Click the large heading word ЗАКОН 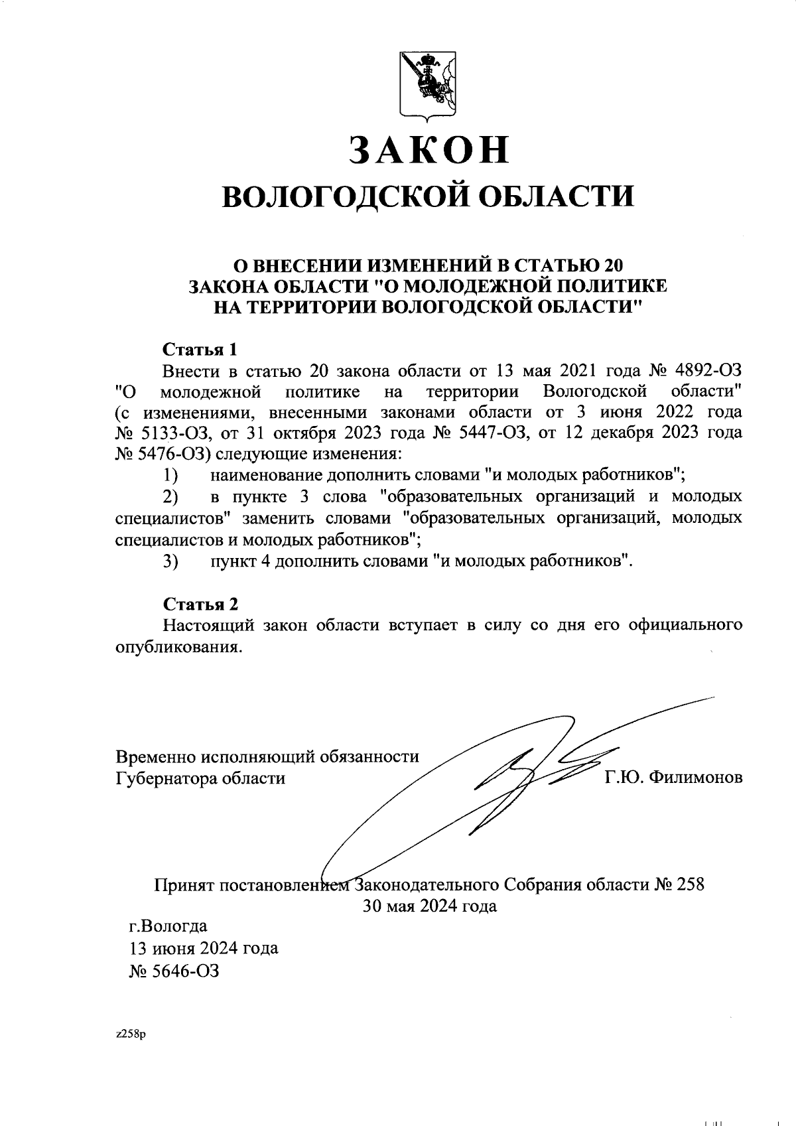[x=429, y=151]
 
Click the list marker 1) [x=171, y=476]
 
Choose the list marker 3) [x=171, y=561]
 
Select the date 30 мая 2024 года [x=429, y=906]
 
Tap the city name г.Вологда [x=168, y=926]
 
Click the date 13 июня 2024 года [x=203, y=948]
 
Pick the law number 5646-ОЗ [x=174, y=971]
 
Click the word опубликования [x=177, y=647]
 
